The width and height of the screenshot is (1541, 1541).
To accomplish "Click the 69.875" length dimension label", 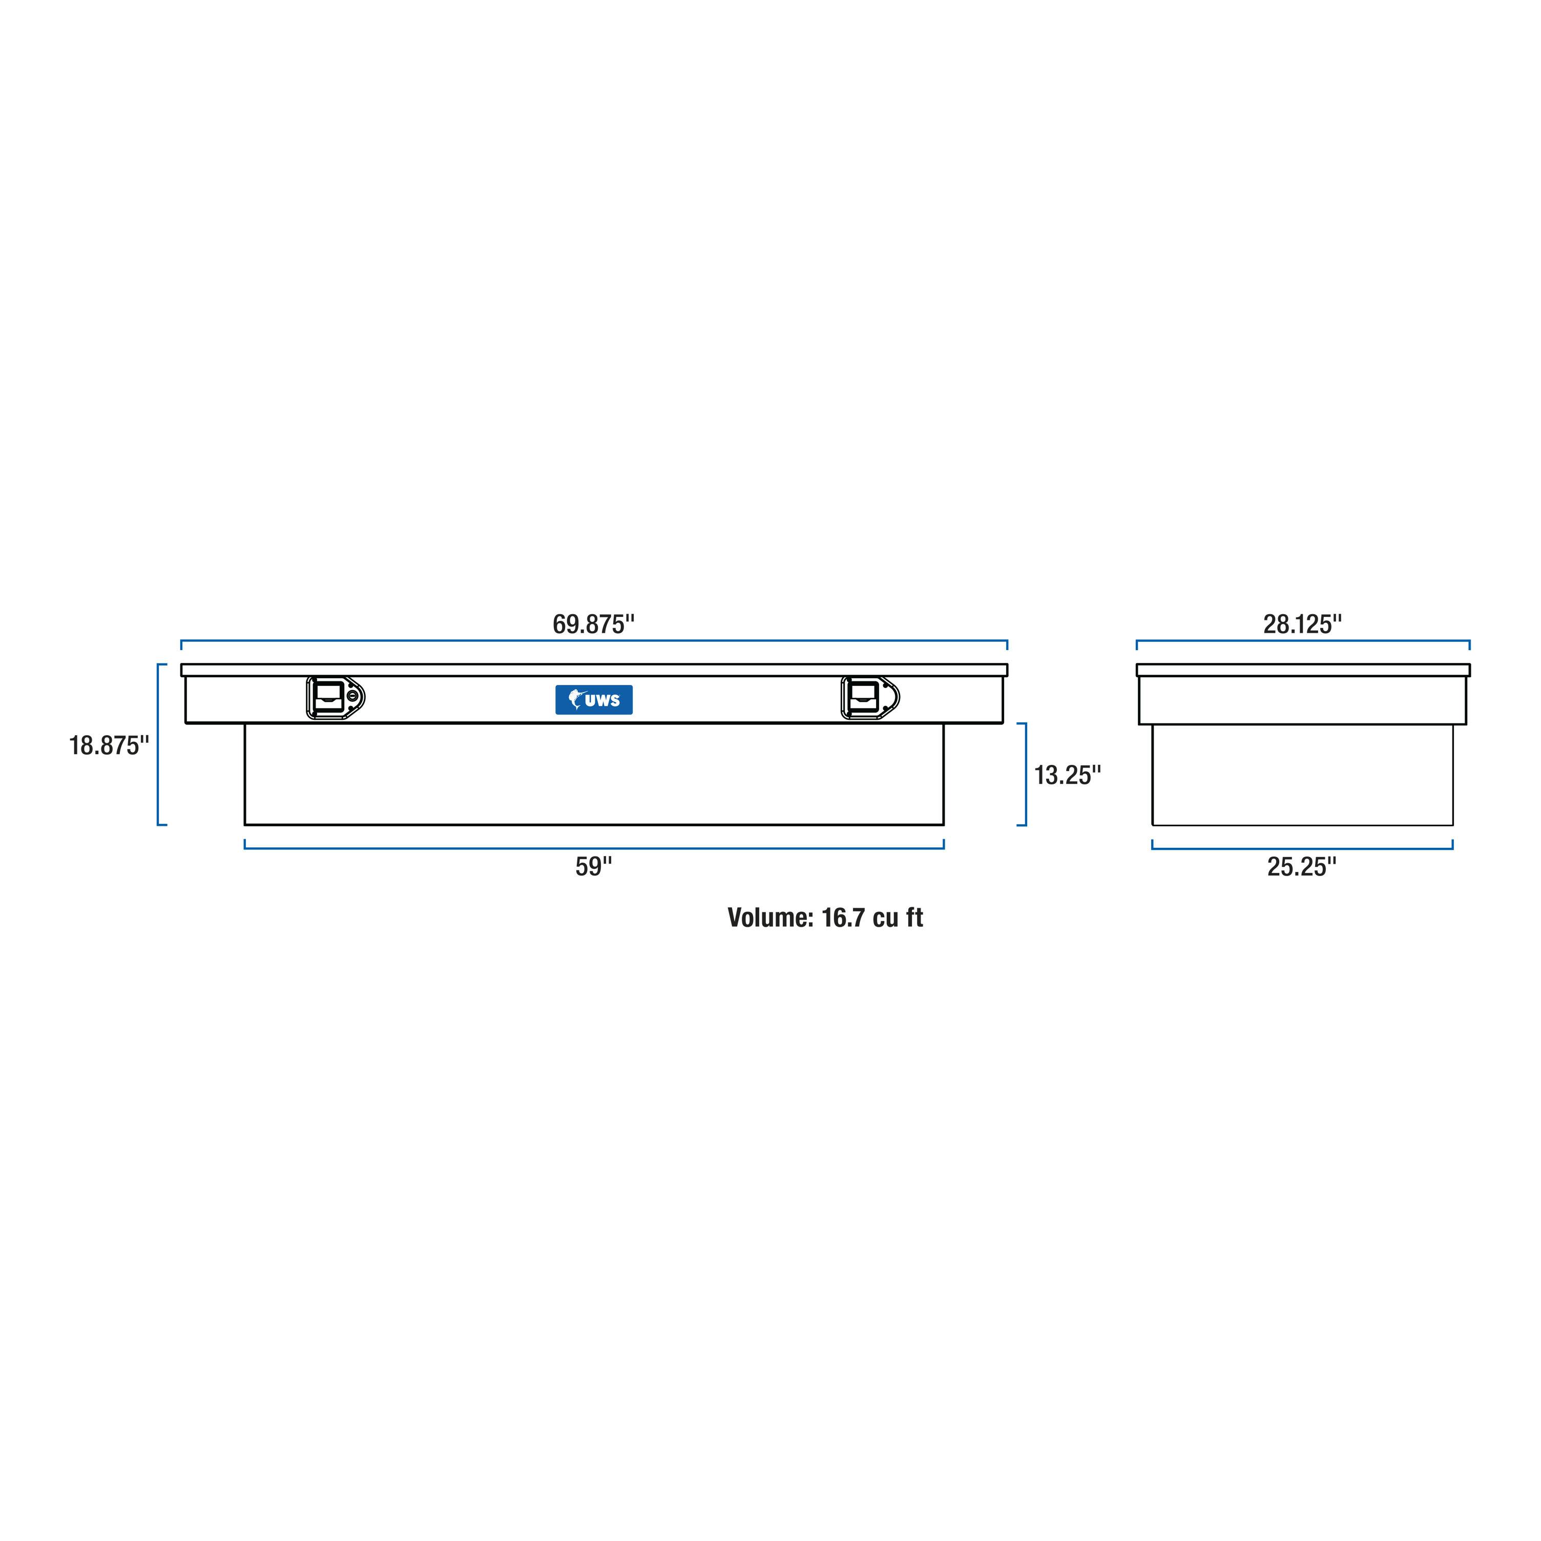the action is coord(593,624).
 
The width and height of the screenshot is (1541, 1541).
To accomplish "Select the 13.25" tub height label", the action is coord(1067,775).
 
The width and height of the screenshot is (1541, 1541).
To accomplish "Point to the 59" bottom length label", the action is coord(593,866).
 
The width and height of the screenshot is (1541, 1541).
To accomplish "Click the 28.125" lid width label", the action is coord(1302,624).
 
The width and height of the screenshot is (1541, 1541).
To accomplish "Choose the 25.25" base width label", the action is coord(1302,866).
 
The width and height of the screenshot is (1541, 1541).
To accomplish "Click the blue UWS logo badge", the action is coord(593,699).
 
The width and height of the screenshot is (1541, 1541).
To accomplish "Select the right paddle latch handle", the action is coord(869,698).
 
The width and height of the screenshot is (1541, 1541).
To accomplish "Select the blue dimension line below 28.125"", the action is coord(1302,640).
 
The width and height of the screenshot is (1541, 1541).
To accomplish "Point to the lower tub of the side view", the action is coord(1302,775).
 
